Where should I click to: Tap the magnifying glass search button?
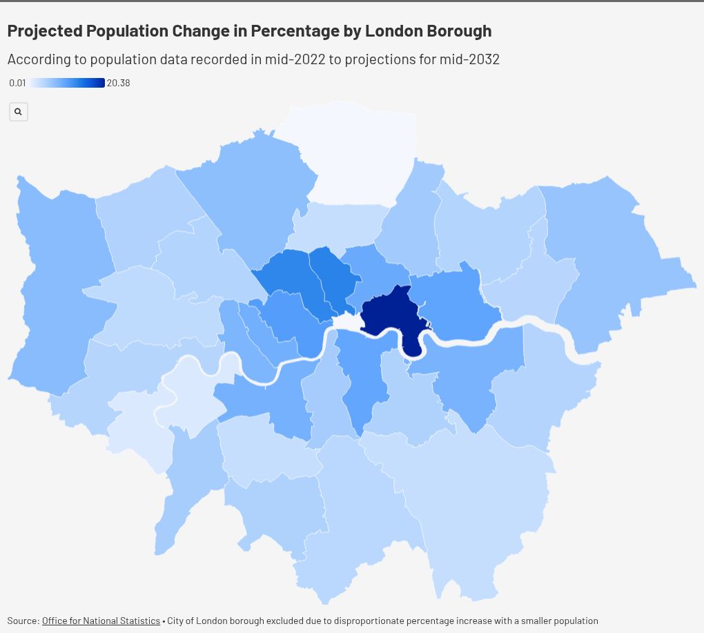tap(19, 111)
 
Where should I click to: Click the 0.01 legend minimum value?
tap(17, 83)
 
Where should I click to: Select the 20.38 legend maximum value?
tap(118, 83)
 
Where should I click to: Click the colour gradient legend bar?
tap(67, 83)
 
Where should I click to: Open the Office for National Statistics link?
tap(101, 621)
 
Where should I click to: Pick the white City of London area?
tap(346, 322)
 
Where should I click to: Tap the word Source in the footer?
tap(23, 621)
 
